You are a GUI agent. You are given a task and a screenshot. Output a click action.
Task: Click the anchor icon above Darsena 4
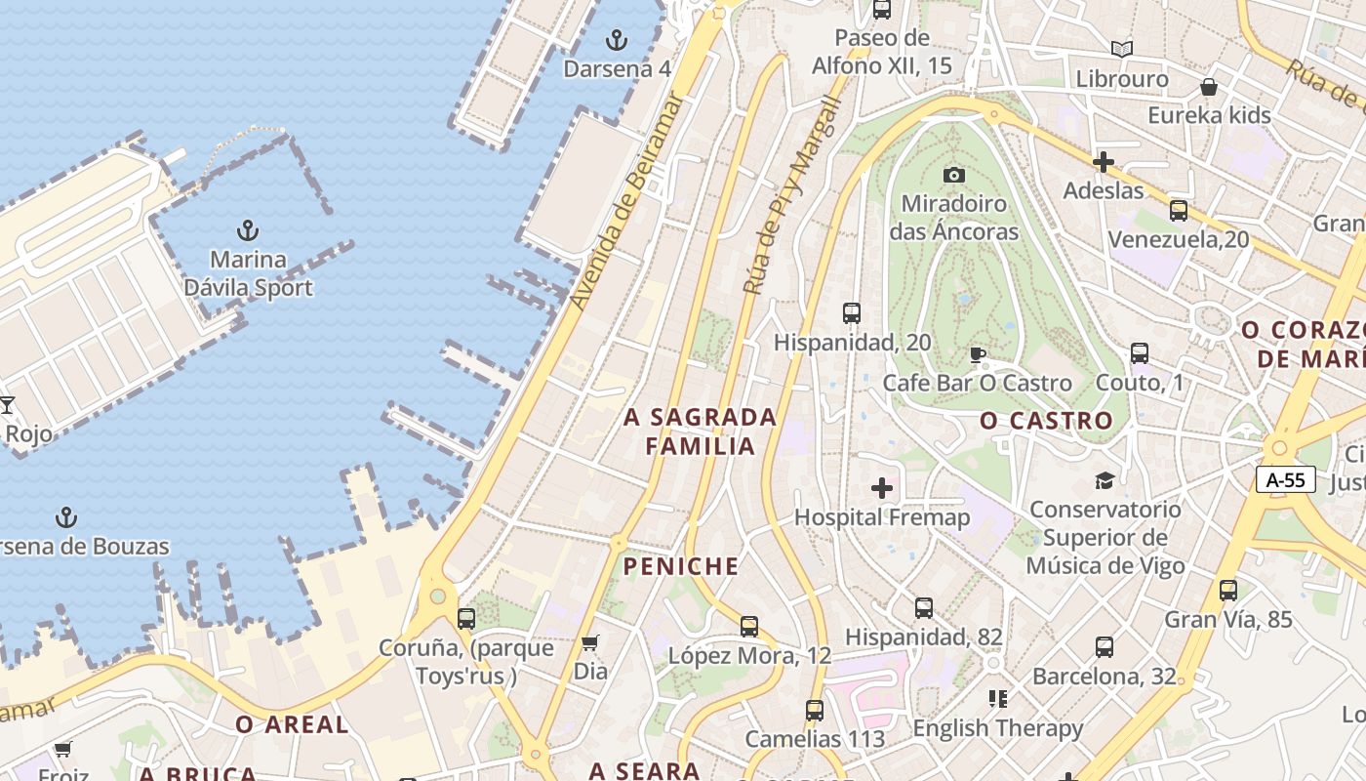coord(617,40)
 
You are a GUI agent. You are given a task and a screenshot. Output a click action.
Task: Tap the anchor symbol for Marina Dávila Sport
coord(248,231)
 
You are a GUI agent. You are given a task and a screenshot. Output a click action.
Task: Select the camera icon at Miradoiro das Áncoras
coord(954,175)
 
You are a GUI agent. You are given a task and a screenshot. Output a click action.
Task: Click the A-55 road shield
coord(1286,479)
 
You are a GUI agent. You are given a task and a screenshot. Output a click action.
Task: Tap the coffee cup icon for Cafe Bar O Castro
coord(978,354)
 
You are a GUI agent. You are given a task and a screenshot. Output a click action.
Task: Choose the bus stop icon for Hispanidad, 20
coord(852,313)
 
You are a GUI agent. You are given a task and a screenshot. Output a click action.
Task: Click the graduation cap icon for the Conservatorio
coord(1105,480)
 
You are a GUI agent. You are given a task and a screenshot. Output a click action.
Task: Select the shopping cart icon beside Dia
coord(589,642)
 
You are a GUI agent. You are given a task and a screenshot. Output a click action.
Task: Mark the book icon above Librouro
coord(1122,49)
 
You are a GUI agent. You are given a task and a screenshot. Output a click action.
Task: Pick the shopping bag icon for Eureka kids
coord(1209,87)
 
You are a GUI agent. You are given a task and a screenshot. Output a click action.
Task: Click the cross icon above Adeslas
coord(1104,161)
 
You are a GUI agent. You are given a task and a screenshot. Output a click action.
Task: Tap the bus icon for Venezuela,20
coord(1179,211)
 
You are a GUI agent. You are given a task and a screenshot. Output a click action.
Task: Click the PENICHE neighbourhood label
coord(681,566)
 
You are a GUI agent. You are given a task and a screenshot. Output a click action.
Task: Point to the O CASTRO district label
coord(1046,421)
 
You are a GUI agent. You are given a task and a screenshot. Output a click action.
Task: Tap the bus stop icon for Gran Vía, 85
coord(1228,590)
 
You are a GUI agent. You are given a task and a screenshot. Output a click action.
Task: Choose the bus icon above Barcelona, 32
coord(1105,646)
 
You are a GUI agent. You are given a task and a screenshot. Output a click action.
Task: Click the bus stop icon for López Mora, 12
coord(749,626)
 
